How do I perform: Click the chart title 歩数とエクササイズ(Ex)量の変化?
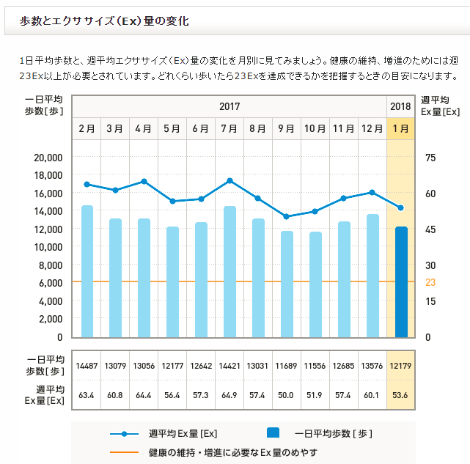[104, 21]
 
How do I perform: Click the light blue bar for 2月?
[87, 271]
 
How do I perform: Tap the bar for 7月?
[230, 271]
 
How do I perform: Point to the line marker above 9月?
[287, 217]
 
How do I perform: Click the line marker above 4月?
[144, 181]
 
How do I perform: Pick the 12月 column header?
[372, 128]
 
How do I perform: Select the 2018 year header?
[400, 106]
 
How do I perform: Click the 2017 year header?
[230, 106]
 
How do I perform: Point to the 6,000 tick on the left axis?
[50, 283]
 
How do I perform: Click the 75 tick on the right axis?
[430, 157]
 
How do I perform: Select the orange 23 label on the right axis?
[430, 282]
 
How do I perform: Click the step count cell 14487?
[87, 365]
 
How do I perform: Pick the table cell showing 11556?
[315, 365]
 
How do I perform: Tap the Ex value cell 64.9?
[230, 395]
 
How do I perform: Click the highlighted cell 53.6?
[400, 395]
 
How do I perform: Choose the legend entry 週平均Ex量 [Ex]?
[183, 433]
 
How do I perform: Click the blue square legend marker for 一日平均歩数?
[273, 433]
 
